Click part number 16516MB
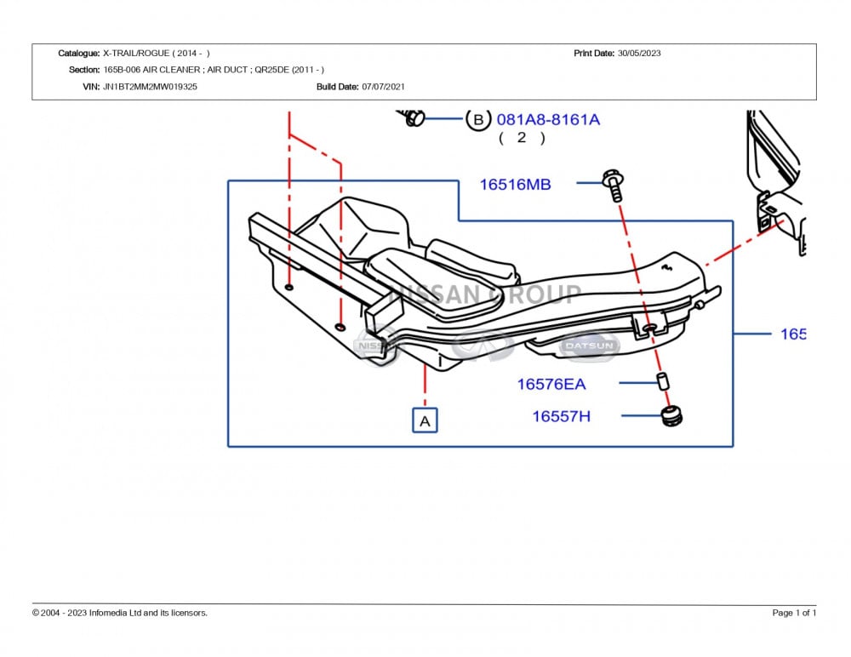click(515, 184)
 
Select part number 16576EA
click(551, 384)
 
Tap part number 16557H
click(561, 416)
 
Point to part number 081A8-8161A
click(548, 119)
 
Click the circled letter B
click(477, 119)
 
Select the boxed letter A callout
click(425, 420)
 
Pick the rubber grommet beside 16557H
click(672, 416)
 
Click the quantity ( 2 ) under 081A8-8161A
click(522, 137)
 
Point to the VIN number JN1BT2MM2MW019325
click(150, 87)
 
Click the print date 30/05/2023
click(639, 53)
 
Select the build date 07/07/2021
click(384, 87)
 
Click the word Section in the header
click(83, 70)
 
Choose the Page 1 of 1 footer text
click(794, 613)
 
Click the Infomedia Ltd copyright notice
click(120, 613)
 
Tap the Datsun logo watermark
click(589, 346)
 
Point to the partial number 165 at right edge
click(792, 334)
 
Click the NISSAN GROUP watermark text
click(485, 295)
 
